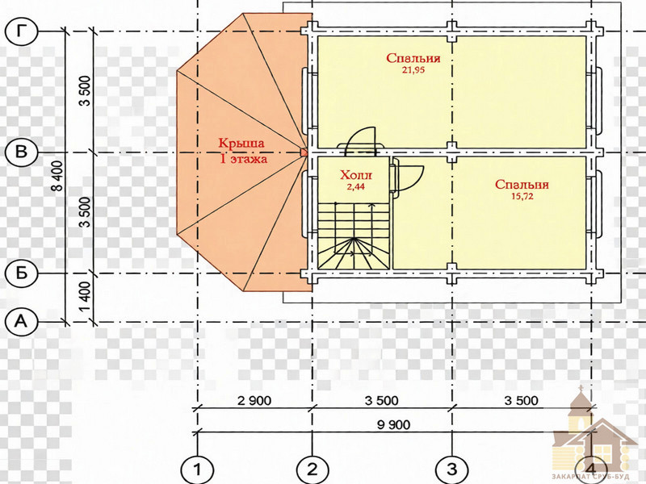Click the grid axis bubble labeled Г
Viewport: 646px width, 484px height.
click(x=22, y=31)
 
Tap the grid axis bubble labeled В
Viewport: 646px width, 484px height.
click(x=21, y=152)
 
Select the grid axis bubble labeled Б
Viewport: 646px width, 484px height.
click(x=21, y=273)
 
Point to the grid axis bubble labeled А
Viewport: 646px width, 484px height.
click(x=21, y=320)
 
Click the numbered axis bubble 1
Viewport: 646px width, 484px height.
click(x=197, y=469)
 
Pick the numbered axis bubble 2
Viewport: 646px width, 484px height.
click(x=313, y=469)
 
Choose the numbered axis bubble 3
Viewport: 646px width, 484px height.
click(x=452, y=469)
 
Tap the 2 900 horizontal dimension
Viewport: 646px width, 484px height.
click(x=254, y=400)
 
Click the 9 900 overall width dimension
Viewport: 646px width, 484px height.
click(x=394, y=425)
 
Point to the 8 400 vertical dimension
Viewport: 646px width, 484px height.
click(x=58, y=175)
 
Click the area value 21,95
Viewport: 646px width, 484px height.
click(x=413, y=70)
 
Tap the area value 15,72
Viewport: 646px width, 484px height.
click(x=522, y=196)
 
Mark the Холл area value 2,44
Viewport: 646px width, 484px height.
click(x=355, y=186)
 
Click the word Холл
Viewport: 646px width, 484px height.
click(x=356, y=175)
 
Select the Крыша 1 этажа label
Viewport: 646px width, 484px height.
click(x=242, y=151)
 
